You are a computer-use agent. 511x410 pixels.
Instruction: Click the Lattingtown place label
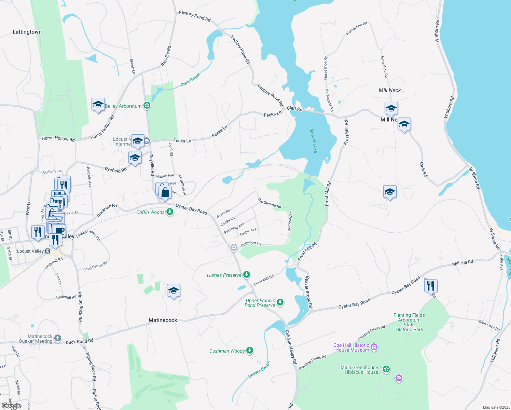pos(27,32)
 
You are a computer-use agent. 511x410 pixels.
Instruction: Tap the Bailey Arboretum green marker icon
pos(147,106)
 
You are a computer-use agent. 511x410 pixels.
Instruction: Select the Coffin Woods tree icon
pos(169,212)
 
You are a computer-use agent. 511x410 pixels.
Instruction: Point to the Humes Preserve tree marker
pos(246,275)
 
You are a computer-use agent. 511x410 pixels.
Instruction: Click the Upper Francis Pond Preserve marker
pos(280,302)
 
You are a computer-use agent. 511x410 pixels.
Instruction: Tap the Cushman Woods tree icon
pos(250,351)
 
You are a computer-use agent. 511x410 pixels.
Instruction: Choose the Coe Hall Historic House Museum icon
pos(374,347)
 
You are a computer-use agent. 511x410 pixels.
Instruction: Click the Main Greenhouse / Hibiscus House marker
pos(386,369)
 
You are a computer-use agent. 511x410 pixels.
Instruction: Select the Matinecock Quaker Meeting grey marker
pos(58,338)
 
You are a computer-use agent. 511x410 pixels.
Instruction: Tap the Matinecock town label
pos(163,320)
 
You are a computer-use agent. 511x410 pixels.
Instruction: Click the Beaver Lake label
pos(313,141)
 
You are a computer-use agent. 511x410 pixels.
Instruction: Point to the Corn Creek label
pos(190,80)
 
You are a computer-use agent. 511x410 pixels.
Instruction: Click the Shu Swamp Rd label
pos(269,203)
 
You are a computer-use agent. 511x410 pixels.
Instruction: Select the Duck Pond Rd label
pos(79,342)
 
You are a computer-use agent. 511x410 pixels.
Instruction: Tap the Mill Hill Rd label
pos(462,263)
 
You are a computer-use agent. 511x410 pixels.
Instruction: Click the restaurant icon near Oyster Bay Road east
pos(431,286)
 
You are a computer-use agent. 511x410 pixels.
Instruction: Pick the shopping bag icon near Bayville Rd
pos(165,192)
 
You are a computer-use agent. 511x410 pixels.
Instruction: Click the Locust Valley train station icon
pos(48,251)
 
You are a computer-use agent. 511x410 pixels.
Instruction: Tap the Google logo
pos(12,406)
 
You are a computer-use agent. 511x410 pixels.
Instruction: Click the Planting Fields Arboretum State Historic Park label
pos(409,322)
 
